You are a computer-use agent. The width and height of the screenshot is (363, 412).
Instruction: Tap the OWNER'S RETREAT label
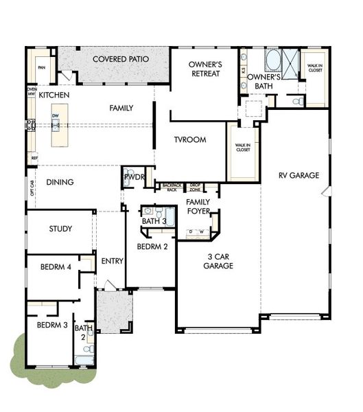click(204, 69)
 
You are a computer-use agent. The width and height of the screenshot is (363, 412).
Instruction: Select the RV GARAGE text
click(298, 176)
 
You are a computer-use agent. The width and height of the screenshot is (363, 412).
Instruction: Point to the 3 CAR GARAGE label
click(218, 262)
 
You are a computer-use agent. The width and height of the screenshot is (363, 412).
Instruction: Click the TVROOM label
click(190, 140)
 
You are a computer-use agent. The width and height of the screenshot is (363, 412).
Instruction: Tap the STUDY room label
click(60, 229)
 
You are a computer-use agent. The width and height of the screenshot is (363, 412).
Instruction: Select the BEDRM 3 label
click(51, 325)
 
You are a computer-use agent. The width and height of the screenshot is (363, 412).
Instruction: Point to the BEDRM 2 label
click(151, 247)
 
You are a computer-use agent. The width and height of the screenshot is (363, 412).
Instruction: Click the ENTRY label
click(112, 262)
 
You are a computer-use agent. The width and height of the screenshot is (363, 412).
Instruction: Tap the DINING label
click(60, 183)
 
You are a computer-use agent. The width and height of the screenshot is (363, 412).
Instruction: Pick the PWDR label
click(133, 177)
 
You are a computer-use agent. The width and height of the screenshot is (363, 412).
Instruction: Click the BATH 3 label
click(154, 222)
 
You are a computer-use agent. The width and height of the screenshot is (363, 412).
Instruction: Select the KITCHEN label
click(54, 95)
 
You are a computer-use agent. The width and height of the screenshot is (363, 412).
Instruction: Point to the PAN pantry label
click(41, 67)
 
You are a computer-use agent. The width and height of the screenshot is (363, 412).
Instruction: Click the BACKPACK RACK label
click(172, 187)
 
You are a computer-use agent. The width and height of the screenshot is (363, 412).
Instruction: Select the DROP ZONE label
click(195, 187)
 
